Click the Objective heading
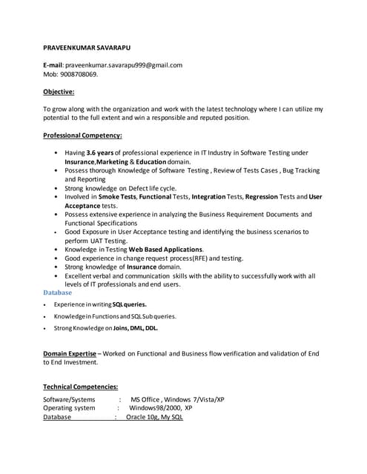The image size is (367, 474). click(x=59, y=92)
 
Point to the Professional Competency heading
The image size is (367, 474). click(x=82, y=136)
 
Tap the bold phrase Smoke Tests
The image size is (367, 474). click(x=118, y=197)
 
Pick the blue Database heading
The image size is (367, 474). click(x=58, y=293)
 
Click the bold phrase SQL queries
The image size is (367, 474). click(x=129, y=304)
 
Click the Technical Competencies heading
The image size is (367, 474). click(x=80, y=387)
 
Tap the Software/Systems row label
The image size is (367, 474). click(x=69, y=399)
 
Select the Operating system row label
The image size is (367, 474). click(x=69, y=408)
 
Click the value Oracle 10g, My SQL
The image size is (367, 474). click(x=154, y=417)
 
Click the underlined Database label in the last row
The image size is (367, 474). click(x=57, y=417)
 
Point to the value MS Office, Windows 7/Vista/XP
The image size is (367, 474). click(x=177, y=399)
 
